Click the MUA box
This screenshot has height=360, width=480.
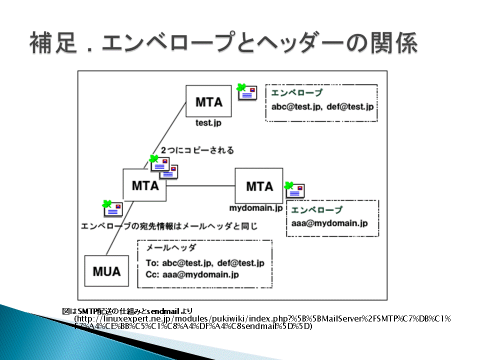pos(106,271)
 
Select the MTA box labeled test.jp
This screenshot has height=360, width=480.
pos(208,101)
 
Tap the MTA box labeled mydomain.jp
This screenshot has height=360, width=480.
pos(259,185)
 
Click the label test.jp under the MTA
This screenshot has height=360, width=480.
pos(208,123)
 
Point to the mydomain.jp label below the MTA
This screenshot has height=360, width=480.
pos(256,208)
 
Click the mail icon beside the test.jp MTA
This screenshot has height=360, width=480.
pos(246,92)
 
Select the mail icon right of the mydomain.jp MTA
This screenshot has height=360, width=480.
pos(294,190)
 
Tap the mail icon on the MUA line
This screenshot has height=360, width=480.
pos(112,208)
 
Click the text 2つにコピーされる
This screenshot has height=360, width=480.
pos(197,150)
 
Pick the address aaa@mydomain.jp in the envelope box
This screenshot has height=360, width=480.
pos(329,223)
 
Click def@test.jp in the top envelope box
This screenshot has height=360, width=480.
pos(350,106)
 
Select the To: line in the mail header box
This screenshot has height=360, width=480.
pos(205,263)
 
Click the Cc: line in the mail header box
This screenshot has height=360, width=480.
pos(192,274)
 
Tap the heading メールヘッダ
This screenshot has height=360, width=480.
pos(171,247)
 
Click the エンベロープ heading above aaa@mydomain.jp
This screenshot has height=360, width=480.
pos(316,209)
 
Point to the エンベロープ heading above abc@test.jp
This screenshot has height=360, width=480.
pos(296,92)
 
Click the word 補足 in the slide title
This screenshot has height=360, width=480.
pos(53,43)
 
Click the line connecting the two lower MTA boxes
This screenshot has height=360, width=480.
pos(200,186)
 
